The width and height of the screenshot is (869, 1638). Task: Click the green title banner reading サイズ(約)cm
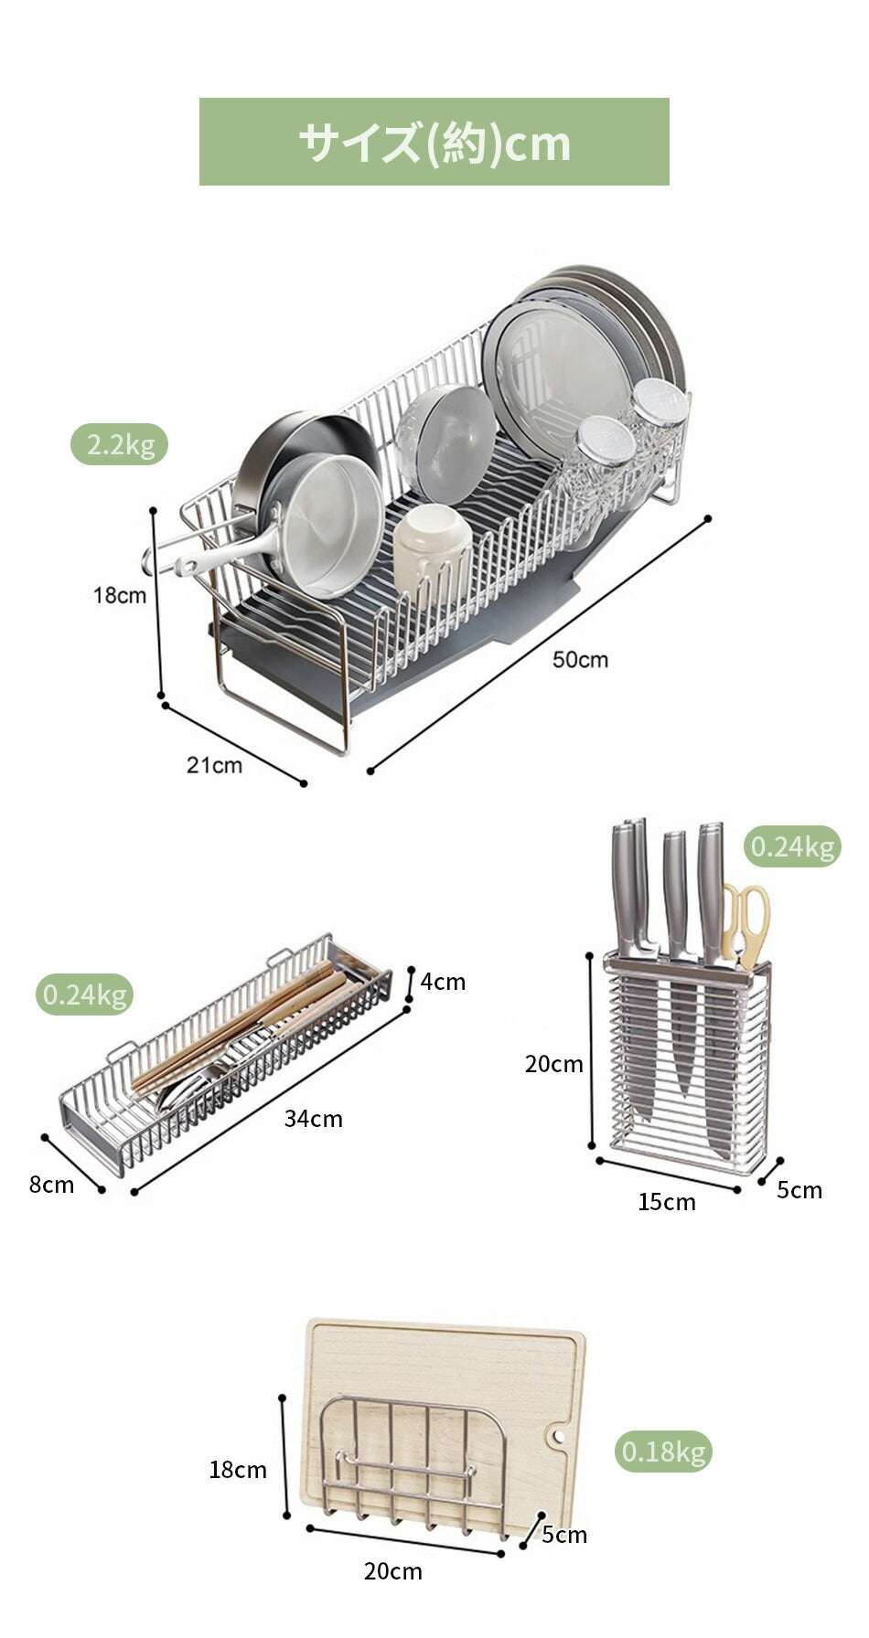(434, 142)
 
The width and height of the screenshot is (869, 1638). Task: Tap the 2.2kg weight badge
(120, 444)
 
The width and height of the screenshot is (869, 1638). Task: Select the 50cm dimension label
(580, 659)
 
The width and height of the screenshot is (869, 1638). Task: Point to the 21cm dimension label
(214, 764)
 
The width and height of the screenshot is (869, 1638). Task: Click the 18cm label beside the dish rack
(120, 595)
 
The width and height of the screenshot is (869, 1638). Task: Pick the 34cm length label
(313, 1118)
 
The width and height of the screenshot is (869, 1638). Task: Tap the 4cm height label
(443, 982)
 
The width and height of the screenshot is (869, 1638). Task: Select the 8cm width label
(51, 1185)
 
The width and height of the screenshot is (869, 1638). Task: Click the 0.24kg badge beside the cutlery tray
(84, 994)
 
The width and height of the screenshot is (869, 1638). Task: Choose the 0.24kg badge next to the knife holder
(792, 846)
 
